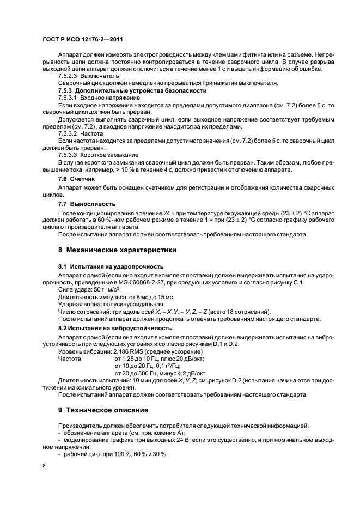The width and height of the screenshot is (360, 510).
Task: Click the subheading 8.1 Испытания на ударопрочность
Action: (x=111, y=266)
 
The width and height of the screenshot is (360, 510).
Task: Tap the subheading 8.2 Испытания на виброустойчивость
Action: (x=114, y=329)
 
